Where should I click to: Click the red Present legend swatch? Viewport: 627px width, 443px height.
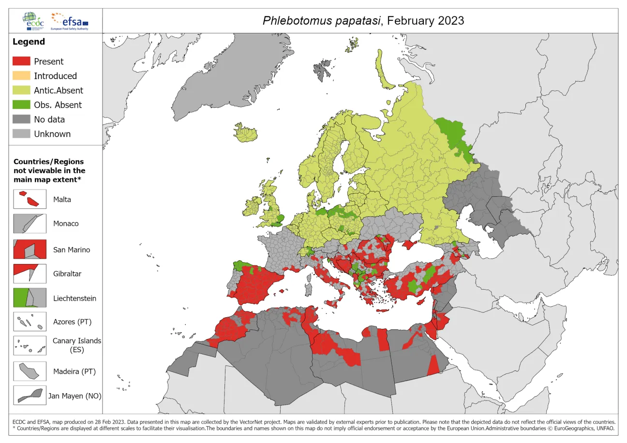click(x=21, y=61)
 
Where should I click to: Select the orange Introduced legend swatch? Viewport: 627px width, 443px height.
click(x=21, y=76)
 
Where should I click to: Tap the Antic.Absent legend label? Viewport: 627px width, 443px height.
click(x=58, y=90)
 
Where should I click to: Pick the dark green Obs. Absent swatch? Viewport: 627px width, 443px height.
click(x=21, y=105)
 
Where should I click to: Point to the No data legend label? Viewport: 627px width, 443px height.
click(x=49, y=119)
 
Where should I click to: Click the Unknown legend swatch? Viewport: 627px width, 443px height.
click(x=21, y=134)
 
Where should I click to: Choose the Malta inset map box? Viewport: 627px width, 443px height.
click(x=30, y=199)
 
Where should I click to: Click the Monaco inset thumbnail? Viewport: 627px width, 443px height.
click(x=30, y=224)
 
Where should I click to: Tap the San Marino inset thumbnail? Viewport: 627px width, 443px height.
click(x=30, y=250)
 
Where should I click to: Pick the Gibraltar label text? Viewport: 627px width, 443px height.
click(x=67, y=274)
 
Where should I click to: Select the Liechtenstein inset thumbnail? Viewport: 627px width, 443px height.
click(x=30, y=298)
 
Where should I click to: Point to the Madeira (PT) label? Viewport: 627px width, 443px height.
click(x=74, y=371)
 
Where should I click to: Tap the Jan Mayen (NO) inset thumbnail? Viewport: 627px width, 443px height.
click(x=30, y=396)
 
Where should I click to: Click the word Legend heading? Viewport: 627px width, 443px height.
click(x=29, y=42)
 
